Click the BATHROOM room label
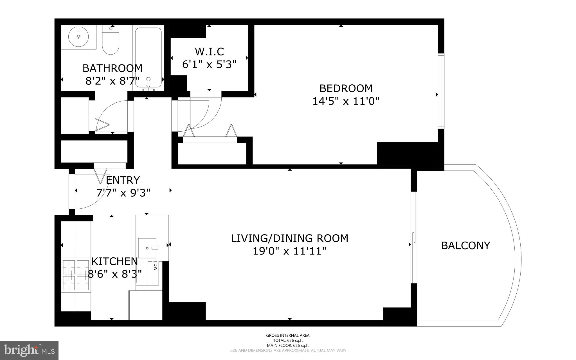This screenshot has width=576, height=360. pyautogui.click(x=112, y=68)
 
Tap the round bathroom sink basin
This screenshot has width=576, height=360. pyautogui.click(x=79, y=37)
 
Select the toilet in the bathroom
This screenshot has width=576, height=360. pyautogui.click(x=111, y=41)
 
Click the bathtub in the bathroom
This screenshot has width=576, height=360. pyautogui.click(x=148, y=58)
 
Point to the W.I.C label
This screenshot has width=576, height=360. pyautogui.click(x=209, y=52)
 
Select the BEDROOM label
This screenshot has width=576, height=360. pyautogui.click(x=346, y=88)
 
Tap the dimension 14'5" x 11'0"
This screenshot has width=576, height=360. pyautogui.click(x=346, y=101)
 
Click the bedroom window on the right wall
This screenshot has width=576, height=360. pyautogui.click(x=441, y=91)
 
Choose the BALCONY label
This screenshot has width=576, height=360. pyautogui.click(x=465, y=246)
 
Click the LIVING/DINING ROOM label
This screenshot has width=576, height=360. pyautogui.click(x=290, y=238)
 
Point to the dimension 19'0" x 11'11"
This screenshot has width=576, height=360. pyautogui.click(x=290, y=251)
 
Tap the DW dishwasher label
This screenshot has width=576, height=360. pyautogui.click(x=155, y=267)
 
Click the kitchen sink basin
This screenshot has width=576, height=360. pyautogui.click(x=147, y=248)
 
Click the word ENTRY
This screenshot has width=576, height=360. pyautogui.click(x=123, y=180)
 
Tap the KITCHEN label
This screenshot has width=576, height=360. pyautogui.click(x=115, y=261)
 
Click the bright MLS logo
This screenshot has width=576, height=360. pyautogui.click(x=29, y=350)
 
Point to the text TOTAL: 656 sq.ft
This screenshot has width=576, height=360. pyautogui.click(x=288, y=340)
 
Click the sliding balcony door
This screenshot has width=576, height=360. pyautogui.click(x=413, y=238)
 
